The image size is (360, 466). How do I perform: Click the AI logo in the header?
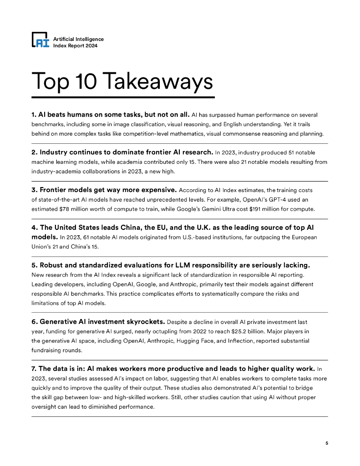40,41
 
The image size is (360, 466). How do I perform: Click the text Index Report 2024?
76,46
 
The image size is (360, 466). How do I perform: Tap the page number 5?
326,443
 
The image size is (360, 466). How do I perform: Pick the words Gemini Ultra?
223,209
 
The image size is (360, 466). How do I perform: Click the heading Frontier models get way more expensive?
104,190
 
